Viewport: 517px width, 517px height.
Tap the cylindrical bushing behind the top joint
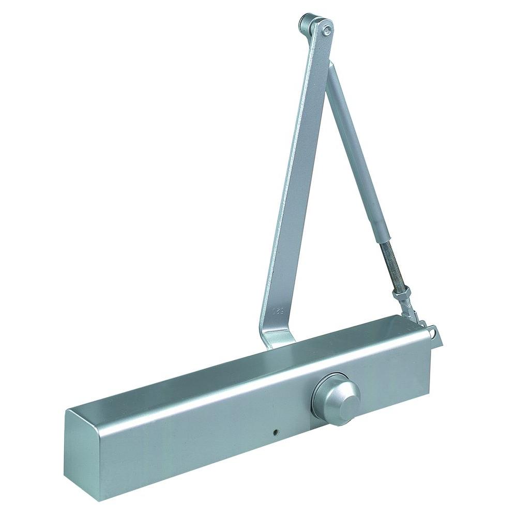(x=304, y=23)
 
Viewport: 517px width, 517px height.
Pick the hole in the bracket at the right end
(x=432, y=326)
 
